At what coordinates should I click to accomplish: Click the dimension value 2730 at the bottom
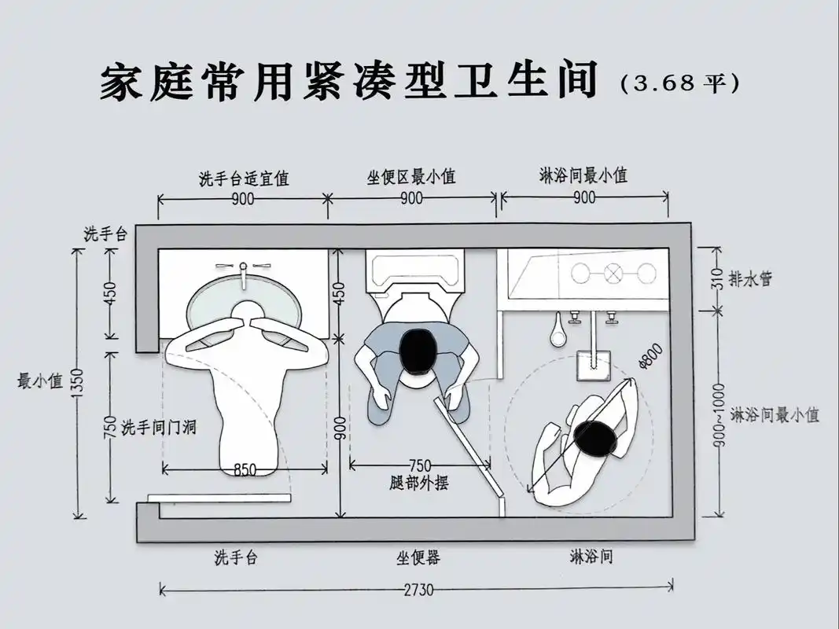coord(417,589)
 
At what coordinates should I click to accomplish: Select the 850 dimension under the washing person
coord(245,470)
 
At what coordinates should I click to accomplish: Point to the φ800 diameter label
coord(651,356)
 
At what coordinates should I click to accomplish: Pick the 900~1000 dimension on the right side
coord(718,414)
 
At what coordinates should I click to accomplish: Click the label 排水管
coord(750,278)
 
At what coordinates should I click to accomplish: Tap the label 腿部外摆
coord(419,483)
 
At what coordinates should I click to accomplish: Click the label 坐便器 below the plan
coord(418,557)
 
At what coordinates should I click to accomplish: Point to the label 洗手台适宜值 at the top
coord(243,178)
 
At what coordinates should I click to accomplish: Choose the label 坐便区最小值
coord(411,177)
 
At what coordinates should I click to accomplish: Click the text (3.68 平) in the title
coord(680,83)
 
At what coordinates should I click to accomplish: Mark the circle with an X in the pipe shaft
coord(613,273)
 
